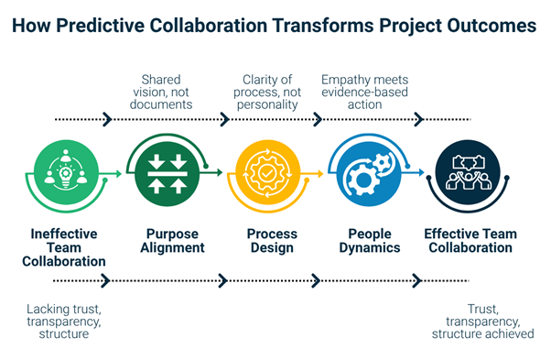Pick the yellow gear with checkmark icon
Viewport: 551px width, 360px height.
click(x=267, y=170)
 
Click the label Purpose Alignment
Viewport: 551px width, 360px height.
click(x=174, y=241)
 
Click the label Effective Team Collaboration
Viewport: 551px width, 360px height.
click(x=470, y=241)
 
